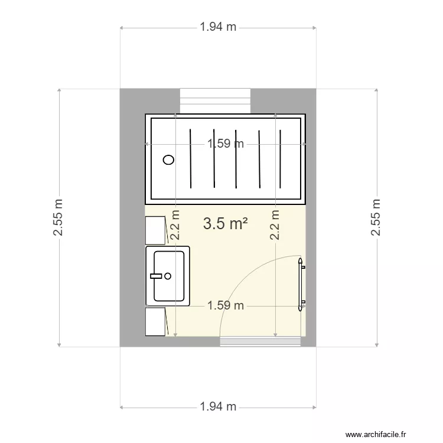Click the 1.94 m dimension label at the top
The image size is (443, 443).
click(x=218, y=27)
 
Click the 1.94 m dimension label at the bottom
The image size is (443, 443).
click(x=218, y=406)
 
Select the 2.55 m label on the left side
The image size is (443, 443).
click(x=58, y=217)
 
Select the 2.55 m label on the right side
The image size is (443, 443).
click(x=376, y=217)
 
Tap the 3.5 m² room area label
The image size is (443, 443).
click(x=224, y=223)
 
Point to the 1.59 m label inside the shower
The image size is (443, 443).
click(x=225, y=144)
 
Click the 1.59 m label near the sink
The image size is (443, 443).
click(x=225, y=305)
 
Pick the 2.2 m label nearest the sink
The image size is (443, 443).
click(x=175, y=225)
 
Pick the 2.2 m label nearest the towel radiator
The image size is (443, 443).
click(x=275, y=225)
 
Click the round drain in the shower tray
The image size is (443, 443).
click(x=169, y=159)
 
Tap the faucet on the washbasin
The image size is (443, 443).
click(x=158, y=276)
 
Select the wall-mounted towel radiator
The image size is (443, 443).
click(x=301, y=284)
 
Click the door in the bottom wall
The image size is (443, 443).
click(x=260, y=341)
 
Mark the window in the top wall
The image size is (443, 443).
click(x=215, y=99)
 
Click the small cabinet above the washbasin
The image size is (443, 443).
click(x=155, y=230)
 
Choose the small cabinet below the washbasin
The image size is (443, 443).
click(x=155, y=321)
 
